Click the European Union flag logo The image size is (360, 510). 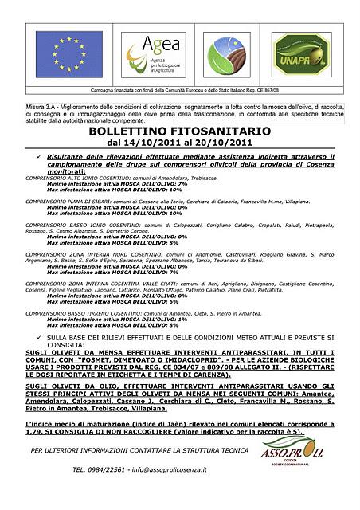[x=71, y=53]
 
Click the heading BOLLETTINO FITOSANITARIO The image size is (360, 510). [x=179, y=131]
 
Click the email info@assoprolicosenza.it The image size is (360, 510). [x=170, y=470]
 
